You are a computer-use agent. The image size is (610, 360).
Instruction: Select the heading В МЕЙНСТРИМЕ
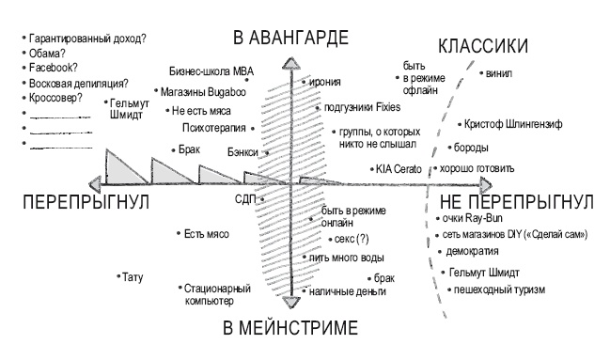point(290,328)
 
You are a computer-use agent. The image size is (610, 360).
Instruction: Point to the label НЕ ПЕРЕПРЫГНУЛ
point(510,203)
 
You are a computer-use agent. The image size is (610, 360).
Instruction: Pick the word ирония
point(322,83)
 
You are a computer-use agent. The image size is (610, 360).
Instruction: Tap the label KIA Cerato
point(400,169)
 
